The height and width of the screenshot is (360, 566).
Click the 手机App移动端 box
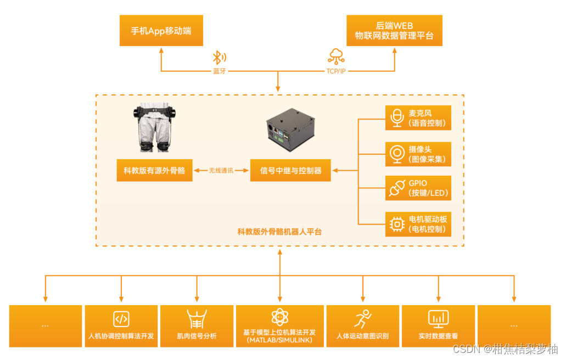(161, 31)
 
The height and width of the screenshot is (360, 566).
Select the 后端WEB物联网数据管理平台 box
(394, 31)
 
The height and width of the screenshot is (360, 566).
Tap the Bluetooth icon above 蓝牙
(220, 58)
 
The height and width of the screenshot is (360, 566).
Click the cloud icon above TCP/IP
(335, 57)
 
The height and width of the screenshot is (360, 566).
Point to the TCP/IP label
(336, 71)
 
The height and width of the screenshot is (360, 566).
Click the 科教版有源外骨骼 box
(154, 171)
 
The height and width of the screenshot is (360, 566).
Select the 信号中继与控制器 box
(291, 171)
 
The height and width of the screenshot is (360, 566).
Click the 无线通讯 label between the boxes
(221, 171)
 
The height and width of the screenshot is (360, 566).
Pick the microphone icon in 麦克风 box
(396, 117)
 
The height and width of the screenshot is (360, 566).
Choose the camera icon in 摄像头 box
(396, 154)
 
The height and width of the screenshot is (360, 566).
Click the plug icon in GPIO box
(396, 188)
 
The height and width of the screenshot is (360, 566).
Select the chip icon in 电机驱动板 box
(396, 223)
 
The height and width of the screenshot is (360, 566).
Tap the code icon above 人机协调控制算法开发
(121, 318)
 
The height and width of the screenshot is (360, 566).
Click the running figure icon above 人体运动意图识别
(363, 318)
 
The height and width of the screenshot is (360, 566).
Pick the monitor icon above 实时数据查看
(438, 318)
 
